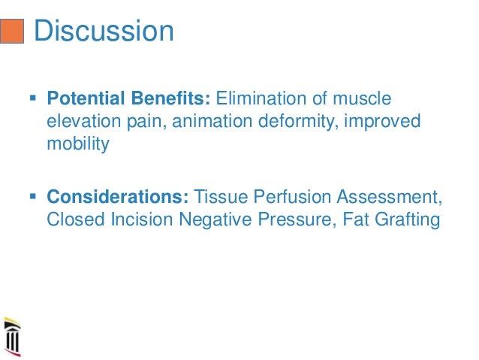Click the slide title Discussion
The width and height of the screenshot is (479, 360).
pyautogui.click(x=104, y=31)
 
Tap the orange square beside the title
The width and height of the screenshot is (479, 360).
pyautogui.click(x=13, y=32)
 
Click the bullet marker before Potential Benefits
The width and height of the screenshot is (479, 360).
pyautogui.click(x=32, y=98)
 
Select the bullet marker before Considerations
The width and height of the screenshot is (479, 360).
pyautogui.click(x=32, y=198)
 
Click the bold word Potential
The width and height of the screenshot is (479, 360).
pyautogui.click(x=81, y=99)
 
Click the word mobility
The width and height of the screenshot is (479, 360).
pyautogui.click(x=77, y=144)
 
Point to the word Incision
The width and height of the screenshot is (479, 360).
pyautogui.click(x=140, y=220)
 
